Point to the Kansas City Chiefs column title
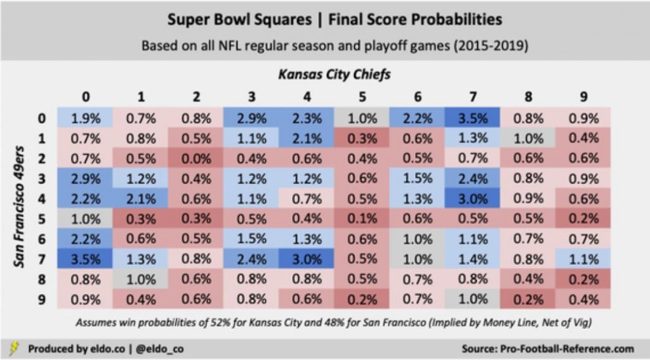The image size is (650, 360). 335,75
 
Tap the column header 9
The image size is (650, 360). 584,97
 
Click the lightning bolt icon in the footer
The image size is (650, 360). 14,348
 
